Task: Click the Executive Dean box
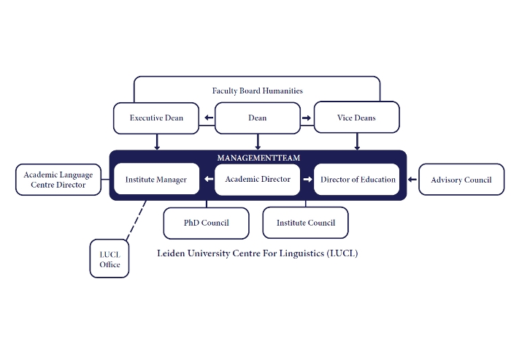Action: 156,118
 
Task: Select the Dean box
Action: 258,118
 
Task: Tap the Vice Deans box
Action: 356,118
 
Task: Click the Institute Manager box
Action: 156,179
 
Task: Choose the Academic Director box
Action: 258,180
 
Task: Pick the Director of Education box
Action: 356,180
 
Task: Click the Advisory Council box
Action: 461,180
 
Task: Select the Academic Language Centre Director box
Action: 58,180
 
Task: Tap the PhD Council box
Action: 207,223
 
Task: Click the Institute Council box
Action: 305,223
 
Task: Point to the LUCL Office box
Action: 109,258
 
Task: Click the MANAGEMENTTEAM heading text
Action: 258,158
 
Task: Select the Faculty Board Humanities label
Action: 258,91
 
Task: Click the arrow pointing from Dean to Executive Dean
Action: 209,118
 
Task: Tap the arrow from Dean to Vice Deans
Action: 307,118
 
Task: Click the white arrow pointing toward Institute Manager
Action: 209,179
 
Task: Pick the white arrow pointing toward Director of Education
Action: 307,180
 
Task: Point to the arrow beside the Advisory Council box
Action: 412,180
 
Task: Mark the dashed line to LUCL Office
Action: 136,221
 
